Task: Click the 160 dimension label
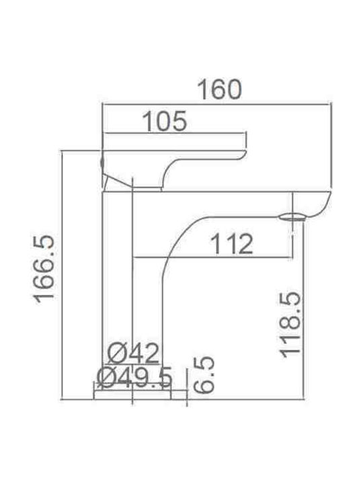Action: tap(219, 90)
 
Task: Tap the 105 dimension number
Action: tap(165, 121)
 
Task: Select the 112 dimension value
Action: tap(231, 244)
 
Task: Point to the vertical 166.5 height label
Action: tap(44, 270)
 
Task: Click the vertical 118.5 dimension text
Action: tap(290, 325)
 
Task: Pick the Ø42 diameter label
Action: tap(134, 354)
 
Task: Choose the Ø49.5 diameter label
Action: tap(134, 378)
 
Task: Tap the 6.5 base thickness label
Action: tap(204, 374)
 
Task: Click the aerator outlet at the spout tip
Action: tap(292, 217)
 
